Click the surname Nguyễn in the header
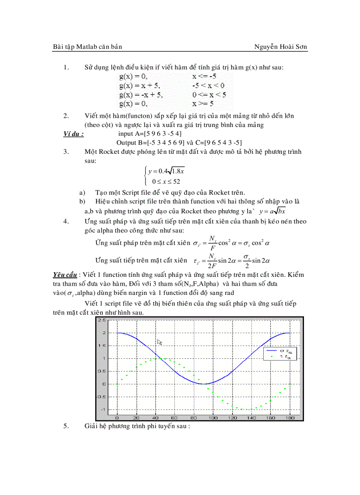point(267,46)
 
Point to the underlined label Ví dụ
point(73,134)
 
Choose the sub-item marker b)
point(82,201)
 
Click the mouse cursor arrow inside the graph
point(160,342)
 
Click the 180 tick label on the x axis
point(289,417)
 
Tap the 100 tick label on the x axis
point(213,417)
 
